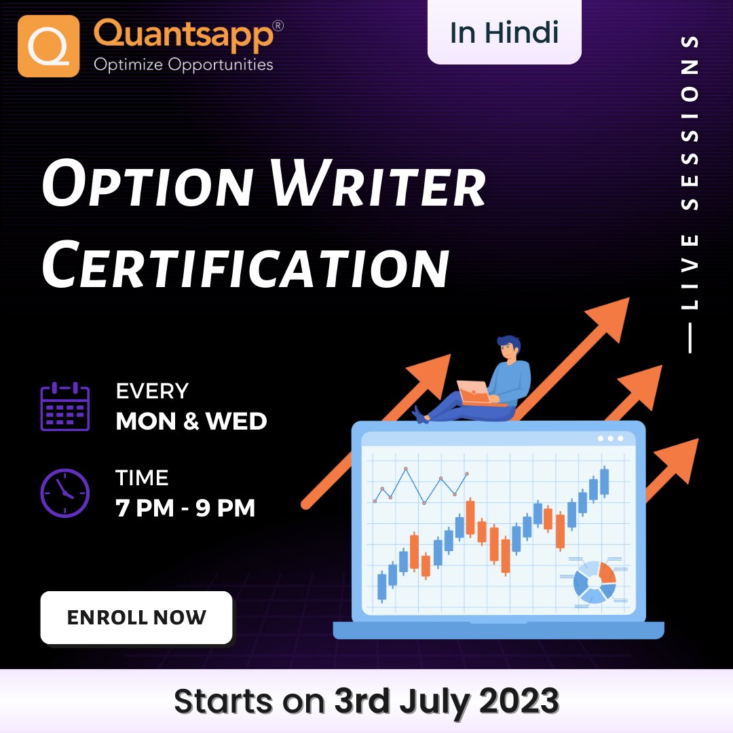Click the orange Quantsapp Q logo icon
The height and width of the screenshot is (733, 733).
point(48,45)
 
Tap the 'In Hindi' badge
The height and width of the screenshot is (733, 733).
point(504,33)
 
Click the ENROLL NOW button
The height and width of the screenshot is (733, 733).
point(136,617)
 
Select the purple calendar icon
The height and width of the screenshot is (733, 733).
point(64,407)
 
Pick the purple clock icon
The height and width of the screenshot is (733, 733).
point(64,493)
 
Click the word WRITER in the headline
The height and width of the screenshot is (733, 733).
point(380,185)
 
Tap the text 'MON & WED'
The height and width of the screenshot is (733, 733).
point(191,421)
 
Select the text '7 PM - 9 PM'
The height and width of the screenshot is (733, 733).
point(186,508)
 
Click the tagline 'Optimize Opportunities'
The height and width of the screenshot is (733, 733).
point(183,65)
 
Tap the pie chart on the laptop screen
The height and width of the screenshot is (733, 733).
point(594,582)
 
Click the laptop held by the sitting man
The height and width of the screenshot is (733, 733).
point(474,392)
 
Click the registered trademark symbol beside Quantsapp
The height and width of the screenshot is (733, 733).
point(277,26)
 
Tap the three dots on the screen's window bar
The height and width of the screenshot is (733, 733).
point(610,438)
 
